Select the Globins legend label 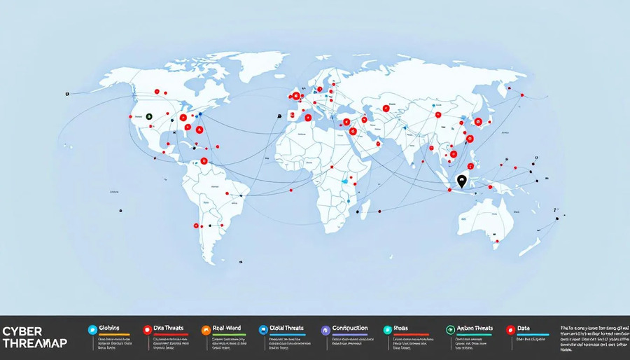[110, 328]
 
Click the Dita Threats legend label [168, 328]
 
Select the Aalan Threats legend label [475, 328]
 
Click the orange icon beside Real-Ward [206, 329]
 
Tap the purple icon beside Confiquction [325, 329]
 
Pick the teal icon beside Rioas [387, 329]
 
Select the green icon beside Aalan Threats [450, 329]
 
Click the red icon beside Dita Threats [147, 329]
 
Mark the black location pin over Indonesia [461, 181]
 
